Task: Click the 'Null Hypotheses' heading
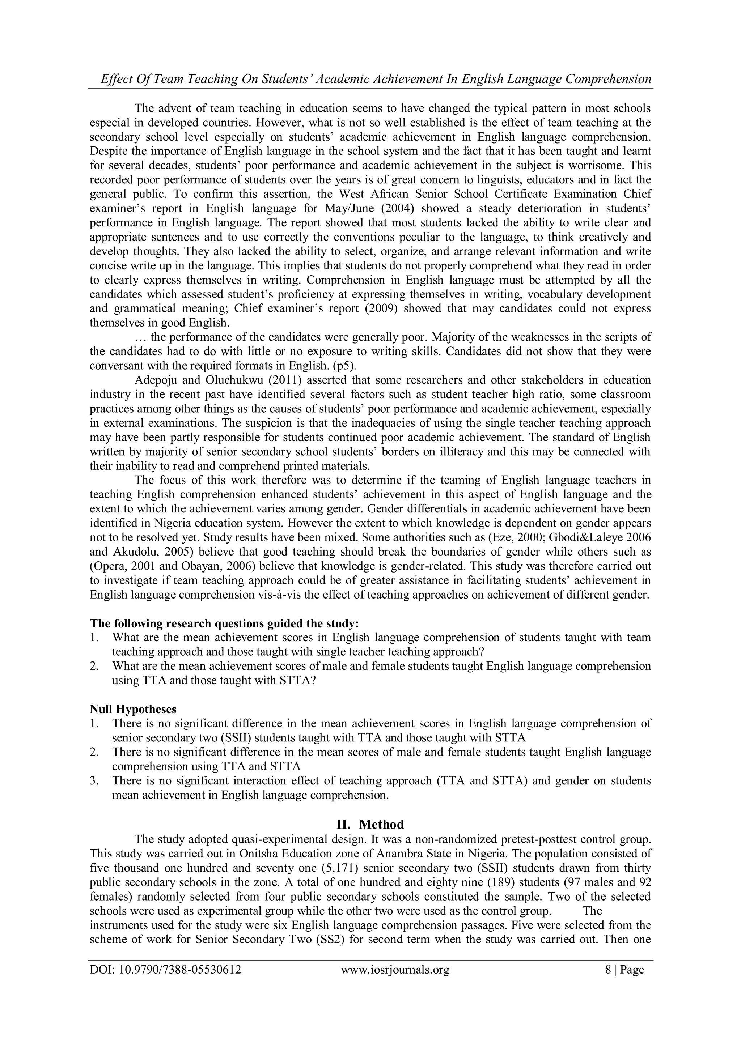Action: click(133, 709)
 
